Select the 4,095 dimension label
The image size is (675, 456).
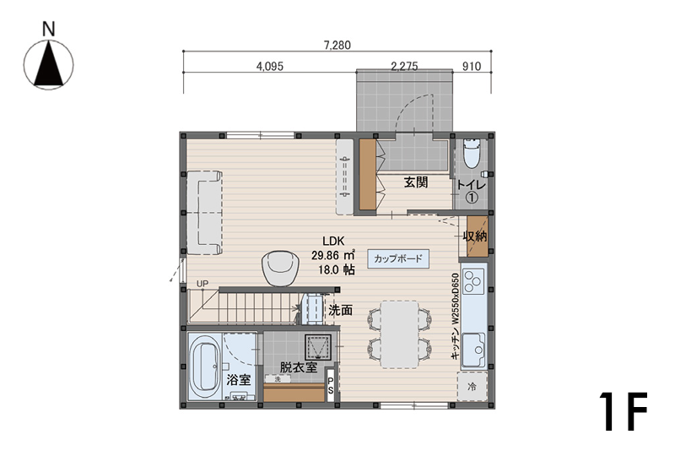click(269, 67)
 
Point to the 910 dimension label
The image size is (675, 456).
click(472, 67)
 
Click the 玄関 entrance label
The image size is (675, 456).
click(416, 182)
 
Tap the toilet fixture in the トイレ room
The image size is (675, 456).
click(472, 153)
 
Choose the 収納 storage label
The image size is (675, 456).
click(475, 236)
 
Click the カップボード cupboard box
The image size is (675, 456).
click(398, 259)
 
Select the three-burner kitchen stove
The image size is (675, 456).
click(473, 280)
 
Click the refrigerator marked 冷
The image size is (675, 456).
click(472, 387)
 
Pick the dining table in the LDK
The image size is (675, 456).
click(399, 334)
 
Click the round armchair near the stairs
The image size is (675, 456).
click(281, 268)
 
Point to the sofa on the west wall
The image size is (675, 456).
click(204, 213)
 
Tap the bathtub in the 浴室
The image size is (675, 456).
click(204, 366)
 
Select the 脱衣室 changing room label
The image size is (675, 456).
click(299, 367)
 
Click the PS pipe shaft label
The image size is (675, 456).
click(331, 385)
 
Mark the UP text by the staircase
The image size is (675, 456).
click(202, 284)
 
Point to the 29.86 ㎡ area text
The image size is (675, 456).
click(333, 255)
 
